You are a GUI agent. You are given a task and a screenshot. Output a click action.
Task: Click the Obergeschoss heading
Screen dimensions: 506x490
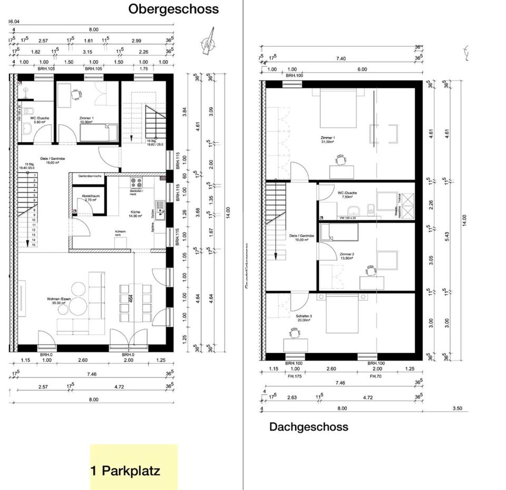click(x=173, y=9)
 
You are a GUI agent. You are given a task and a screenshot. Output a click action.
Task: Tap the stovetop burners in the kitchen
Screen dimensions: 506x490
click(x=137, y=184)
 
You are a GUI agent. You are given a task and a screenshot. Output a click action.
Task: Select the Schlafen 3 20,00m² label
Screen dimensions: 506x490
click(x=304, y=318)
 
